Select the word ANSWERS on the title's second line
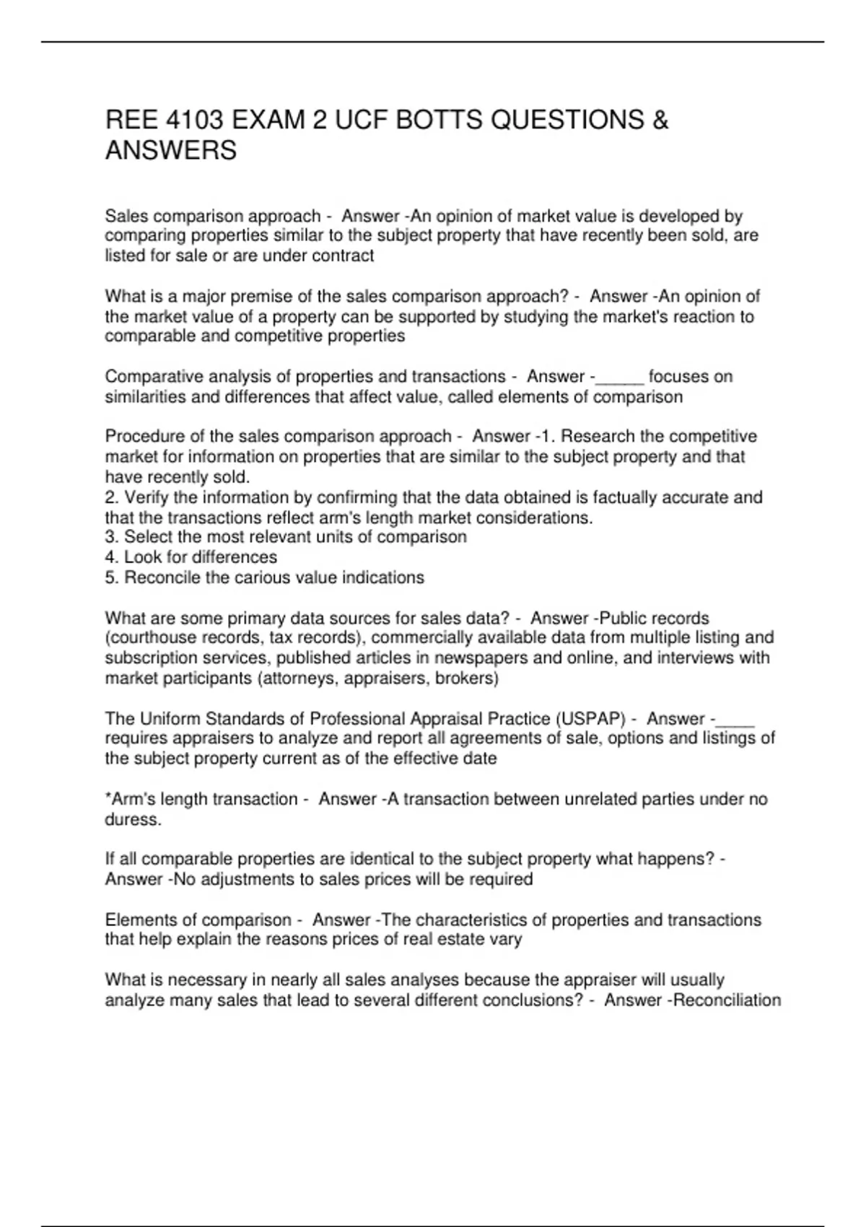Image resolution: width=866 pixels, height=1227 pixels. coord(171,151)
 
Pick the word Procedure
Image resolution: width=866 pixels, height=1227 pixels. coord(142,437)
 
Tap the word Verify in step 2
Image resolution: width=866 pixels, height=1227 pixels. coord(147,497)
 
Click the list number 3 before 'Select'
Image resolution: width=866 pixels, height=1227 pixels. coord(110,537)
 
